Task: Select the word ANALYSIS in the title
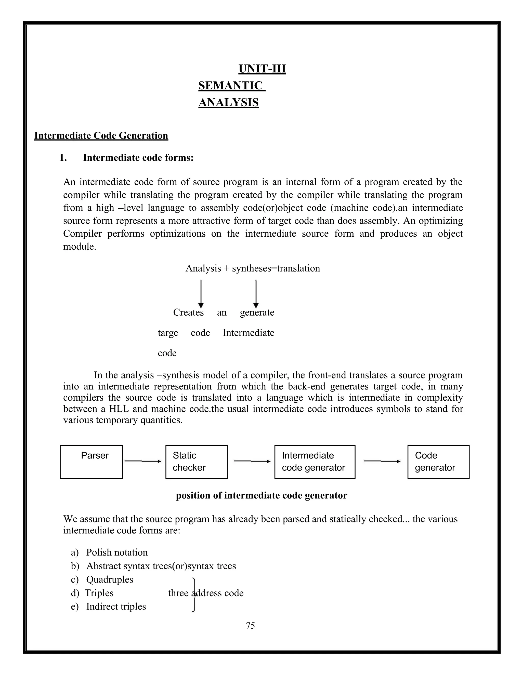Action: (x=228, y=102)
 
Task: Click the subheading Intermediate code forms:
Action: (x=138, y=158)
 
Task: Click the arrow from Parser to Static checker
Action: (x=143, y=461)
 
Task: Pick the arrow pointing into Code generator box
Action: (x=382, y=461)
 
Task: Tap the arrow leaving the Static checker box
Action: (x=252, y=461)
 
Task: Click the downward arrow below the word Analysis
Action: (x=201, y=294)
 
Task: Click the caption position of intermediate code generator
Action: (x=261, y=495)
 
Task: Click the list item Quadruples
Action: (x=109, y=579)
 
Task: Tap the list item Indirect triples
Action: (x=116, y=606)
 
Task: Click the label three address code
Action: (x=206, y=593)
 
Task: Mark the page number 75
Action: (x=250, y=626)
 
